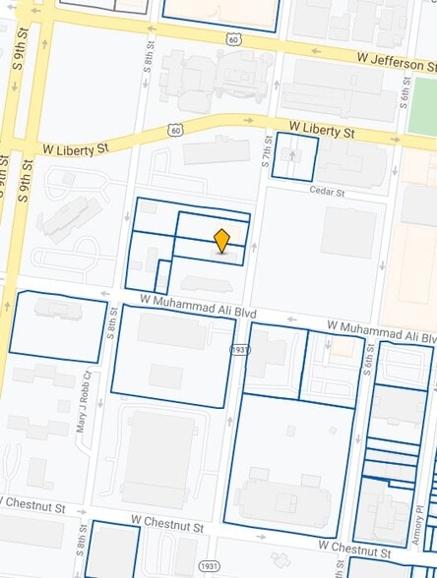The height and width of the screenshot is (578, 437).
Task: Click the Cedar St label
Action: pos(326,191)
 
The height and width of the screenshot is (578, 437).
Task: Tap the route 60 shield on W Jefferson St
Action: pos(232,38)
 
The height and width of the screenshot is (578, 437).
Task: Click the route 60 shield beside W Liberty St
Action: pos(174,129)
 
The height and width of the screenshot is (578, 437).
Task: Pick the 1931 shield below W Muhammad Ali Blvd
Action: pos(240,349)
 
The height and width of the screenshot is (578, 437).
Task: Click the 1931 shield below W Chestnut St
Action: pos(209,566)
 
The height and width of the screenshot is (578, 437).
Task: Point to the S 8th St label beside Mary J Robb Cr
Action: pos(112,324)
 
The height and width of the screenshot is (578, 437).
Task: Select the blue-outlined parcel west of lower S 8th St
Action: pos(57,325)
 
